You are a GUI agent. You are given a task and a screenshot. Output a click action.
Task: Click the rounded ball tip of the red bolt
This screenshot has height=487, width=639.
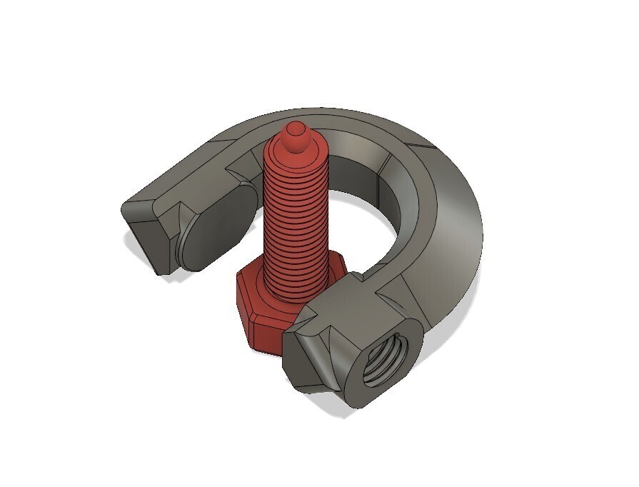[x=295, y=134]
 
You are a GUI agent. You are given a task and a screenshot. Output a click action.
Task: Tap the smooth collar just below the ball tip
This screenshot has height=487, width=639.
[x=295, y=149]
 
